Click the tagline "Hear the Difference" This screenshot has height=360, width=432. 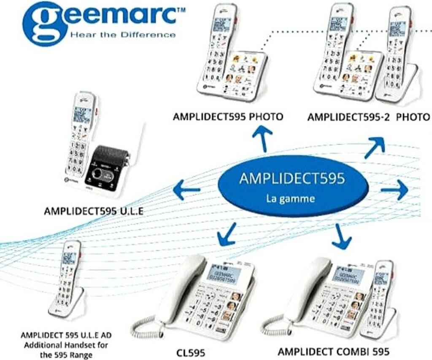123,35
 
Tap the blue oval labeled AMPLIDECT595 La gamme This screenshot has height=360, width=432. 292,186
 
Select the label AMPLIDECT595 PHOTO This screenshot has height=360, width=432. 228,116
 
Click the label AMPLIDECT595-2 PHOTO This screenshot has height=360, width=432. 368,117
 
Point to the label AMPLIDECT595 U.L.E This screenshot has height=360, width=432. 93,211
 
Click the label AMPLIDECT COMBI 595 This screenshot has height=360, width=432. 333,351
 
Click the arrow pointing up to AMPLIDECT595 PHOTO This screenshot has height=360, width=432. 262,139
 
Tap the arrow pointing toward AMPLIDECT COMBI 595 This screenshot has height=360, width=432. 341,236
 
